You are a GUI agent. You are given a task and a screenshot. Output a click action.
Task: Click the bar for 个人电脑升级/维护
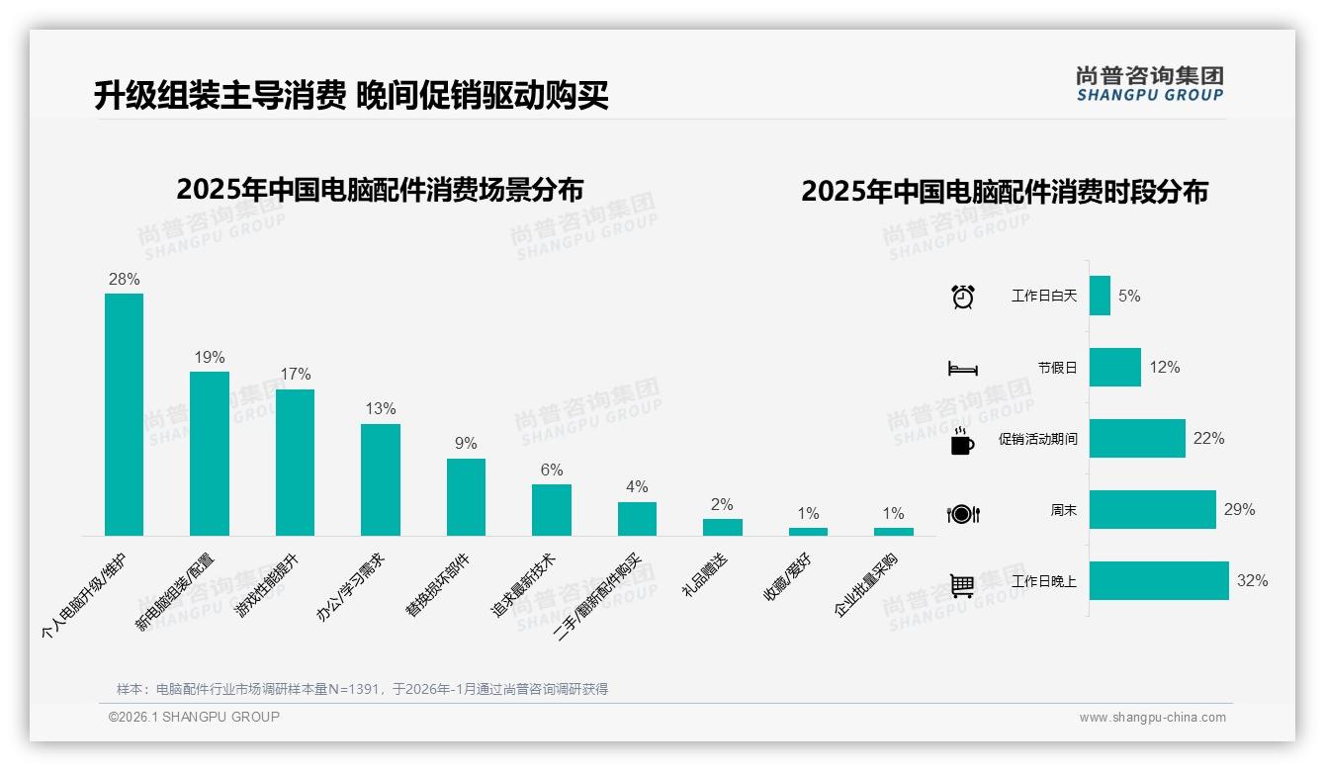pyautogui.click(x=124, y=414)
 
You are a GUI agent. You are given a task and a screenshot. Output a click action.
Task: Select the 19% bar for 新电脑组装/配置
pyautogui.click(x=210, y=454)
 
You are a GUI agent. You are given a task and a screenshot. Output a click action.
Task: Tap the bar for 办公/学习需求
pyautogui.click(x=381, y=479)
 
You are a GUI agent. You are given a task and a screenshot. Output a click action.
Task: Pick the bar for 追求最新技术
pyautogui.click(x=552, y=510)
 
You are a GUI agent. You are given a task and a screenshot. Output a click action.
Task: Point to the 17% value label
pyautogui.click(x=295, y=375)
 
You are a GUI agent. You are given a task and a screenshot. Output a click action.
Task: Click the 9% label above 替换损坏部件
pyautogui.click(x=466, y=444)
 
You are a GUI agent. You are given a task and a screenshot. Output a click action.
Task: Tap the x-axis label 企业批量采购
pyautogui.click(x=866, y=585)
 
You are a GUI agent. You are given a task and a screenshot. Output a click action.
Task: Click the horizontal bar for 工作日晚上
pyautogui.click(x=1159, y=581)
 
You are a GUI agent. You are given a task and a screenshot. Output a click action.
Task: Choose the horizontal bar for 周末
pyautogui.click(x=1152, y=510)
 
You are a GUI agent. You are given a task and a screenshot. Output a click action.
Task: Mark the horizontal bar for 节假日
pyautogui.click(x=1114, y=367)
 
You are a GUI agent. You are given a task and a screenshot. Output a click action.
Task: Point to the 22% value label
pyautogui.click(x=1208, y=439)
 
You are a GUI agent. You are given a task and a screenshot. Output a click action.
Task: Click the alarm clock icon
pyautogui.click(x=962, y=297)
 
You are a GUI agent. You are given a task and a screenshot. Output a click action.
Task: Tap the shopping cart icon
pyautogui.click(x=962, y=585)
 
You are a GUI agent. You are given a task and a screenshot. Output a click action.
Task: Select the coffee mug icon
pyautogui.click(x=962, y=441)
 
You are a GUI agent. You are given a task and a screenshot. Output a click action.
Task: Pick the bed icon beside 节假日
pyautogui.click(x=962, y=369)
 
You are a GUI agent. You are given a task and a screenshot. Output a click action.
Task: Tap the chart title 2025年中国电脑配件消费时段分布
pyautogui.click(x=1005, y=192)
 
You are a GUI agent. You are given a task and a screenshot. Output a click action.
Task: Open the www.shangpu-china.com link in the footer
pyautogui.click(x=1152, y=718)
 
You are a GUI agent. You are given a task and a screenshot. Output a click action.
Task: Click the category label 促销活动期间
pyautogui.click(x=1037, y=439)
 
